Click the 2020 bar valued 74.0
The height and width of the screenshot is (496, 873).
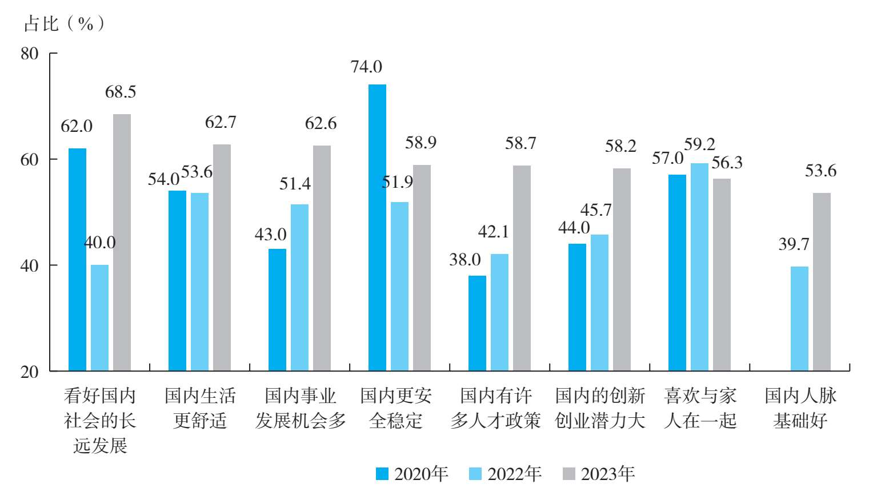point(377,228)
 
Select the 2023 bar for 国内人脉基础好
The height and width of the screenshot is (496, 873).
point(822,282)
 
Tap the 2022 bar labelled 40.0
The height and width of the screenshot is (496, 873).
point(99,318)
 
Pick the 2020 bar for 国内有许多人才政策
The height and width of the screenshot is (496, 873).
point(477,323)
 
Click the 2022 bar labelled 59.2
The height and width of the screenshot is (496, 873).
point(699,267)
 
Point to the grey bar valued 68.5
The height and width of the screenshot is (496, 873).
point(122,243)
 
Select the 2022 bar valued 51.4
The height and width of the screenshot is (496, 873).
point(299,288)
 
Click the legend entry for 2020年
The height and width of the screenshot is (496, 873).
point(412,474)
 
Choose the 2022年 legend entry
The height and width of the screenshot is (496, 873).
point(505,474)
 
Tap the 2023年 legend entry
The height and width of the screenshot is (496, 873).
point(599,474)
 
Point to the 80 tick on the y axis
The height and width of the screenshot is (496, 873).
point(30,54)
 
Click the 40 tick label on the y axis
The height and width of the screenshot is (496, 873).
point(30,265)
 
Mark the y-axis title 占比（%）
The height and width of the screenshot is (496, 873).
point(64,23)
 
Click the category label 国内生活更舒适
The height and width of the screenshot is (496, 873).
point(200,408)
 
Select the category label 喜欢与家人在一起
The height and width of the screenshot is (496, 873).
point(700,408)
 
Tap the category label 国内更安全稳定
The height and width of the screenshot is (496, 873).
point(396,408)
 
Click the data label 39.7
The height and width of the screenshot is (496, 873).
point(794,244)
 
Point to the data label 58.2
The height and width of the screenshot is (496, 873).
point(620,146)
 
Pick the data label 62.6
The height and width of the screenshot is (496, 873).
point(321,123)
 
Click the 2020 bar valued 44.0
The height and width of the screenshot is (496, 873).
point(577,307)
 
